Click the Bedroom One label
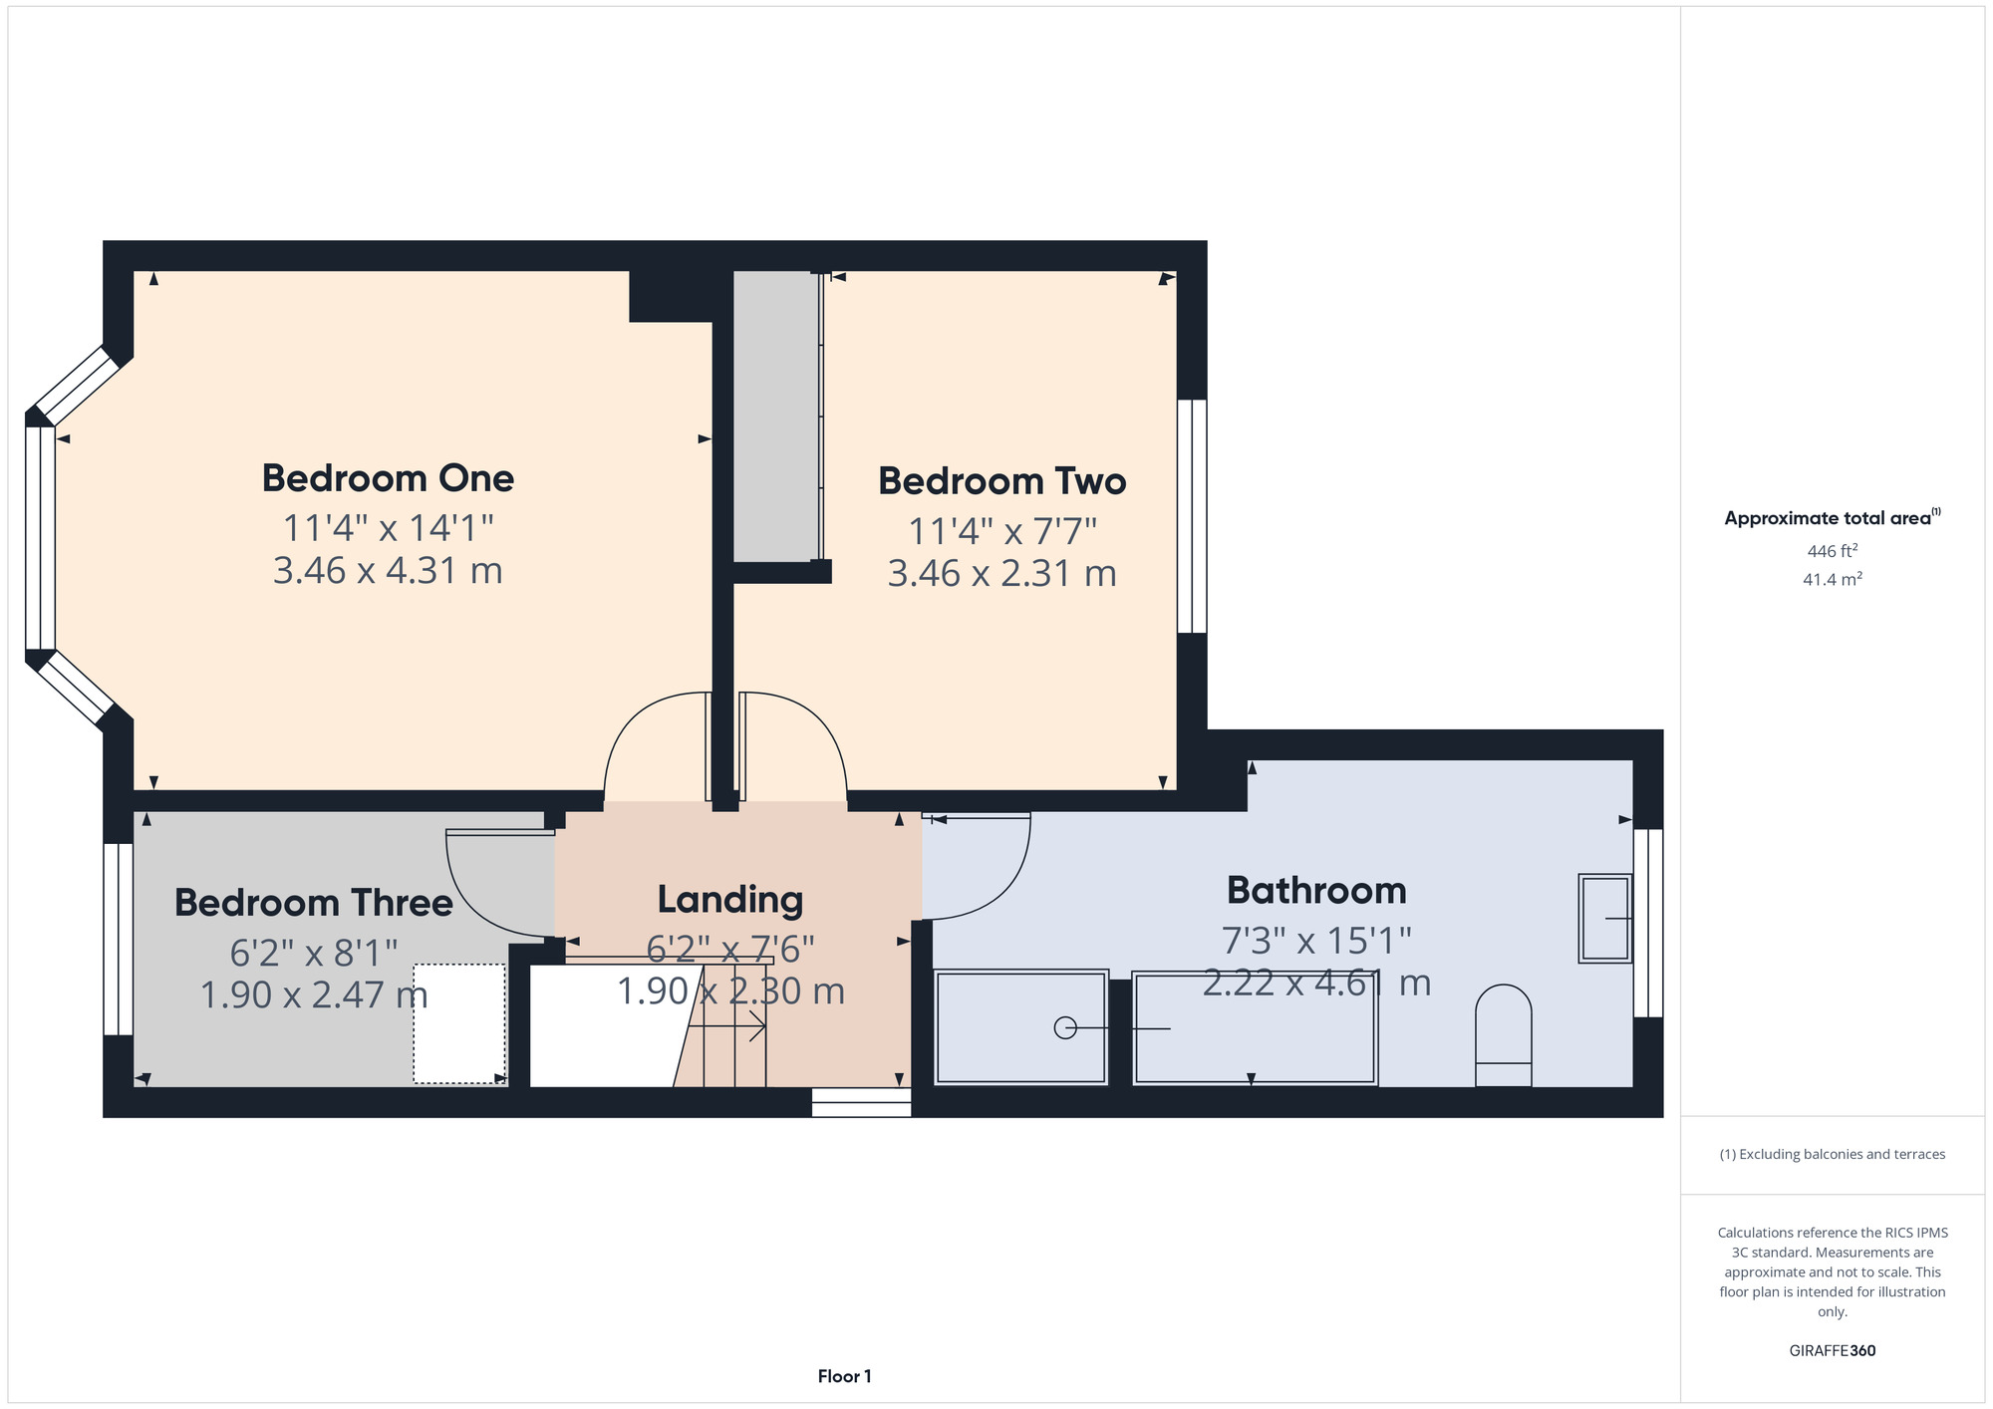pyautogui.click(x=388, y=478)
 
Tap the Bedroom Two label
pyautogui.click(x=1001, y=481)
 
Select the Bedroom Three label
pyautogui.click(x=314, y=903)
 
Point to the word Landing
pyautogui.click(x=730, y=900)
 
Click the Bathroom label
pyautogui.click(x=1316, y=891)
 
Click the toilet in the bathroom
pyautogui.click(x=1503, y=1035)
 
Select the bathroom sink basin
pyautogui.click(x=1604, y=918)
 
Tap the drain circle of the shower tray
pyautogui.click(x=1065, y=1027)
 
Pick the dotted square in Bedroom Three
pyautogui.click(x=460, y=1023)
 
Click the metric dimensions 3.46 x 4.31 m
pyautogui.click(x=388, y=571)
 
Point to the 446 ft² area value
pyautogui.click(x=1833, y=551)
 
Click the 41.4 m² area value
pyautogui.click(x=1833, y=579)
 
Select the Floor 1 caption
pyautogui.click(x=845, y=1376)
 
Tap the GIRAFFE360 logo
pyautogui.click(x=1833, y=1351)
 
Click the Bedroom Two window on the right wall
pyautogui.click(x=1192, y=516)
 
